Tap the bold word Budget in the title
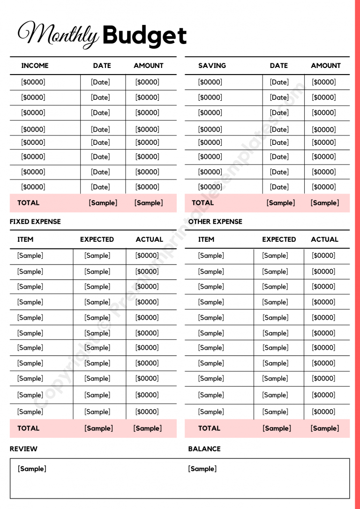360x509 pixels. click(144, 36)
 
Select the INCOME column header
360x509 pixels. click(35, 66)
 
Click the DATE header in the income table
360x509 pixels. click(102, 66)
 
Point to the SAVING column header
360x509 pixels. click(212, 66)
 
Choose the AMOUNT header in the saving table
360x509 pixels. click(326, 66)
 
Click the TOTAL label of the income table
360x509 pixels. click(29, 203)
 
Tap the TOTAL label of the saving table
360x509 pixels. click(203, 203)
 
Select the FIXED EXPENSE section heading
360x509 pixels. click(35, 221)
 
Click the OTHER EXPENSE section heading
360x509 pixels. click(215, 221)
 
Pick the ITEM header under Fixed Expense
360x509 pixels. click(25, 240)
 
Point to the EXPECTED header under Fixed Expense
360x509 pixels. click(97, 240)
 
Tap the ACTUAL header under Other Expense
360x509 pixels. click(324, 240)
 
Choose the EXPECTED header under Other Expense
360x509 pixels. click(279, 240)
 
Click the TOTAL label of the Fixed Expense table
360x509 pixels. click(29, 428)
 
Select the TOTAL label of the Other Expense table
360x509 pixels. click(209, 428)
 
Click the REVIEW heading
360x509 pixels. click(23, 449)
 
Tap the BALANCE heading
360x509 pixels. click(204, 449)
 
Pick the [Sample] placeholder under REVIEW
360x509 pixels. click(32, 469)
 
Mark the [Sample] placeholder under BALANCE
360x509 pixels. click(202, 469)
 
